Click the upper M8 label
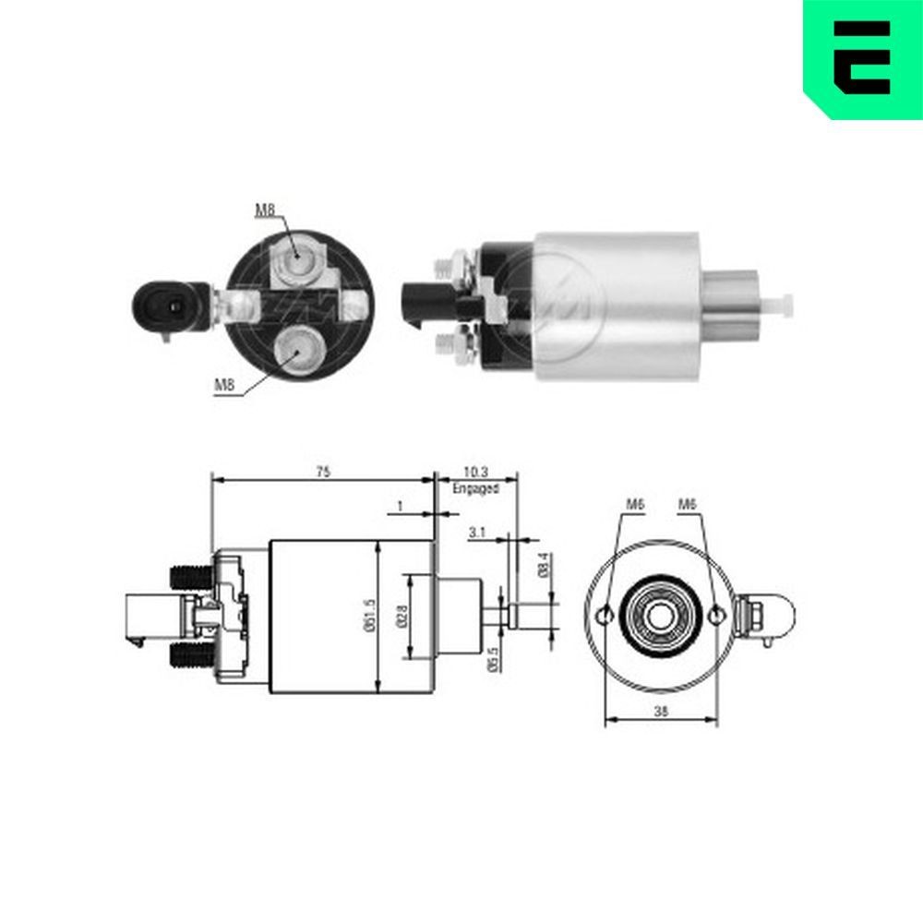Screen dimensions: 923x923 pyautogui.click(x=265, y=210)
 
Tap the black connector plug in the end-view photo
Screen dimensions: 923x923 pyautogui.click(x=166, y=303)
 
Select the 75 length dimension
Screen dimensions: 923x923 pyautogui.click(x=322, y=472)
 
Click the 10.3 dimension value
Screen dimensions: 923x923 pyautogui.click(x=475, y=472)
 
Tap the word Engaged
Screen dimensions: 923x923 pyautogui.click(x=475, y=489)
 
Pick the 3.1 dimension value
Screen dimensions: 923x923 pyautogui.click(x=477, y=533)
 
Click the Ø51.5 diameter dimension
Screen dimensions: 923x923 pyautogui.click(x=369, y=616)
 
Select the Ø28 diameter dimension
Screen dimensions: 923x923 pyautogui.click(x=402, y=616)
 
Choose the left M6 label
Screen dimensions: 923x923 pyautogui.click(x=634, y=504)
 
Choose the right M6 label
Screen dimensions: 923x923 pyautogui.click(x=687, y=504)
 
